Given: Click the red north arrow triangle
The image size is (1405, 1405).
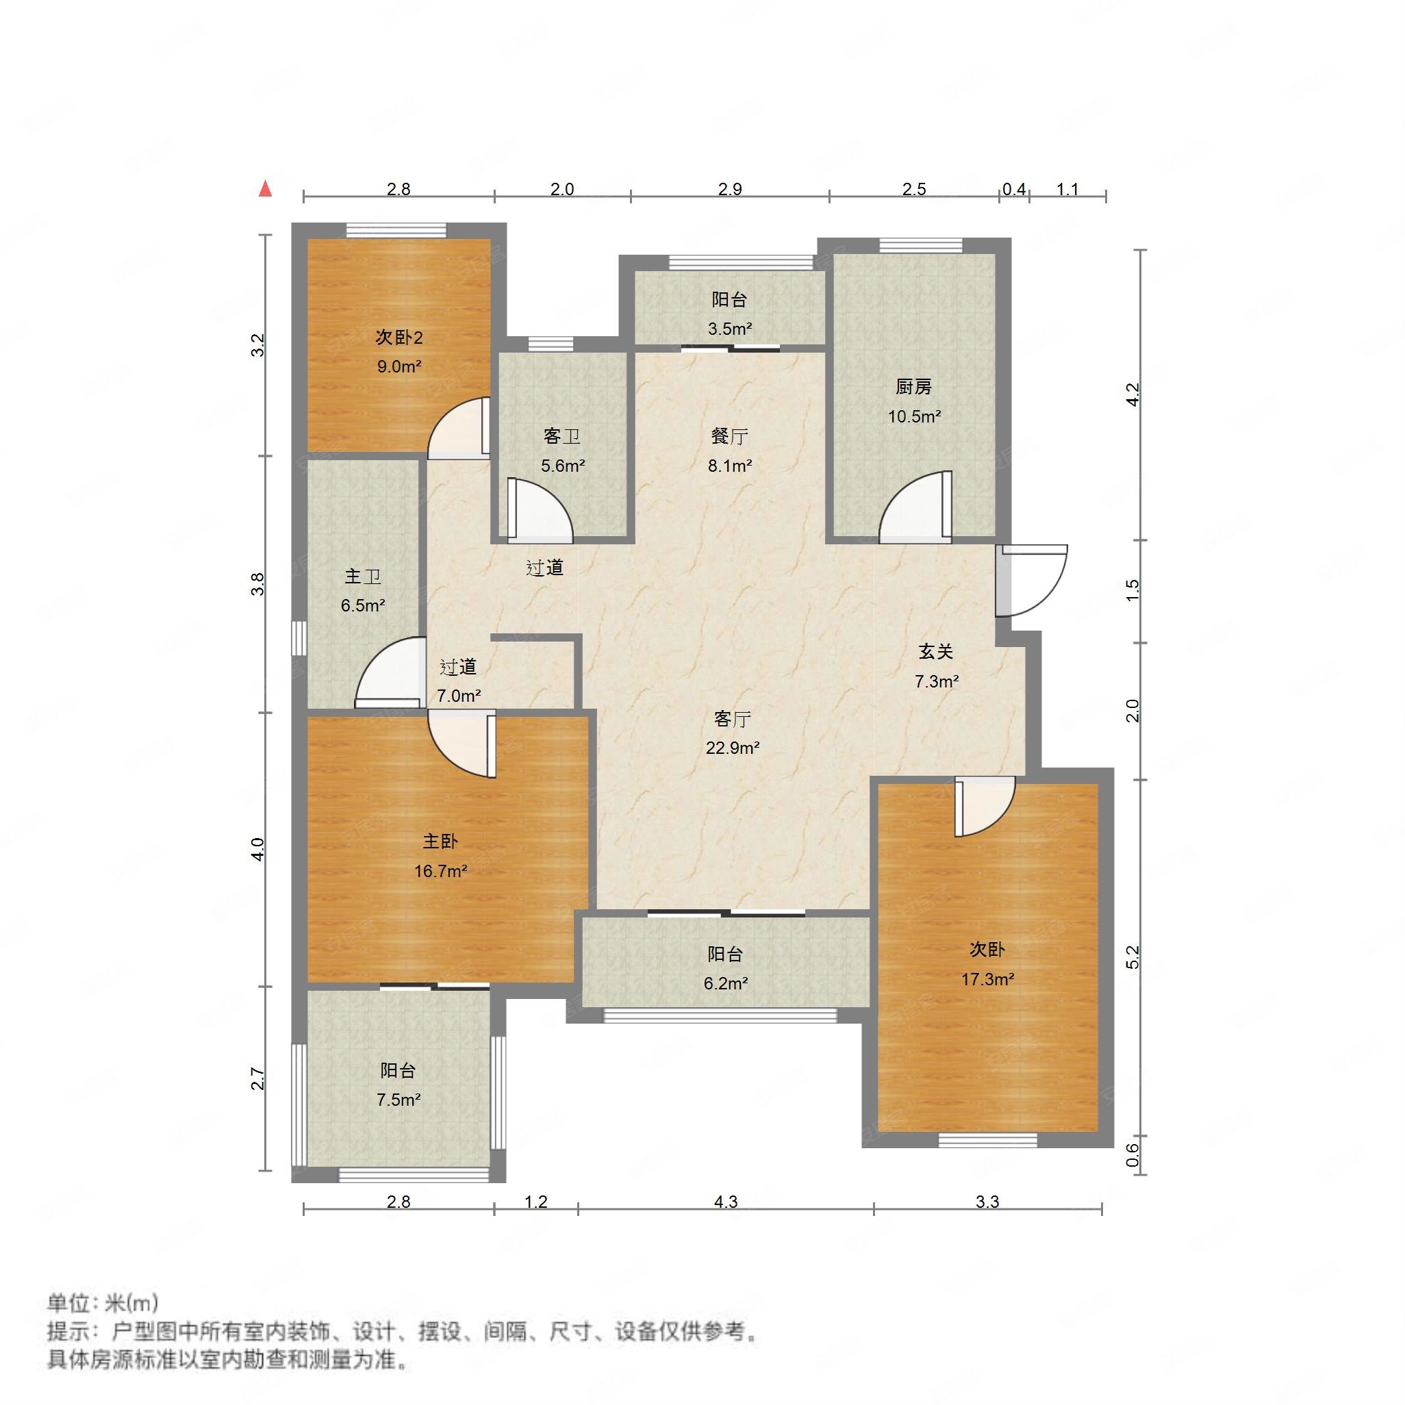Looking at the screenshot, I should click(x=266, y=190).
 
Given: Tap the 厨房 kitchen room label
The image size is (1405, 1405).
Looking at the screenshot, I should click(x=913, y=387).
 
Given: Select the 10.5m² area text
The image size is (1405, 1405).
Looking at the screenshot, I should click(x=914, y=417).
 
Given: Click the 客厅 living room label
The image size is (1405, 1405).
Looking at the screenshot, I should click(x=731, y=719).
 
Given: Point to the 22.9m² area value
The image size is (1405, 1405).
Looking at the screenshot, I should click(x=733, y=748).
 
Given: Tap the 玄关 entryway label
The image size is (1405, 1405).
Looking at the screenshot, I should click(x=936, y=652).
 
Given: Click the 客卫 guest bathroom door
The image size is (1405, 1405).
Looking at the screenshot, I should click(x=538, y=512).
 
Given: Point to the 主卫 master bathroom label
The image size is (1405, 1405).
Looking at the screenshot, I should click(x=362, y=577).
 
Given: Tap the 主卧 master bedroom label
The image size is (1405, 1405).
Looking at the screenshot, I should click(x=440, y=841).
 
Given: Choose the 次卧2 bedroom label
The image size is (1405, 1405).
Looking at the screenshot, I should click(x=398, y=338).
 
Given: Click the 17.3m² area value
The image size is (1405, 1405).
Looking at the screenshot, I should click(x=987, y=980).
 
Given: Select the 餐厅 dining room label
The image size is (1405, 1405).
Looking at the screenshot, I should click(x=729, y=436).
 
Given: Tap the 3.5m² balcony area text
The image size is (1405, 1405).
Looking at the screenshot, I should click(x=729, y=329).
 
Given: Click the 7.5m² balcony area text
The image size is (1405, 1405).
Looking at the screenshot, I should click(x=398, y=1100).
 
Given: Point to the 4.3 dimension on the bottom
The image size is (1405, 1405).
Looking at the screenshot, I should click(x=726, y=1202).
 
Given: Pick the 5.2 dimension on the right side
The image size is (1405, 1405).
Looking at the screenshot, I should click(x=1132, y=958).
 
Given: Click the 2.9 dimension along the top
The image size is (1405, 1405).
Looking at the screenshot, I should click(x=729, y=189).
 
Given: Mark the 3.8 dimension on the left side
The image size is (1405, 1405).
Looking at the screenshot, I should click(x=257, y=585).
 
